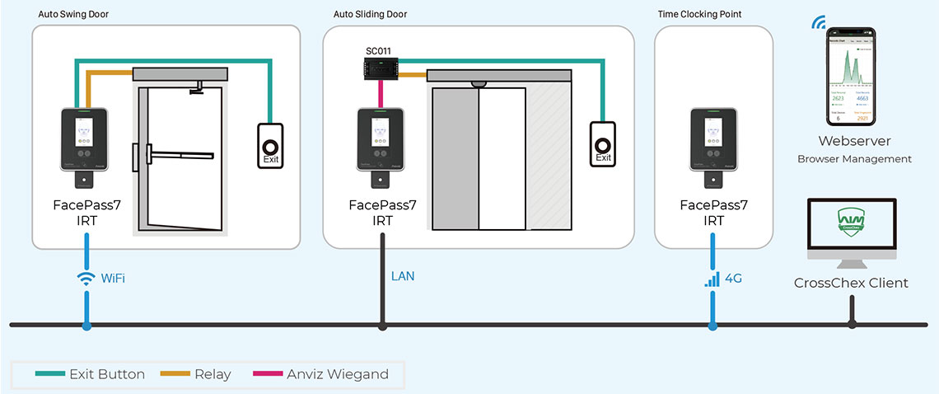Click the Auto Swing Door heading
(x=72, y=15)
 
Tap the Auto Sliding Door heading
(x=370, y=15)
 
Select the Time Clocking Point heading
(x=699, y=15)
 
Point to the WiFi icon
(x=86, y=279)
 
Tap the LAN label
(x=403, y=276)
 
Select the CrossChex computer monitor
(x=852, y=232)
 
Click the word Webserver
(x=854, y=142)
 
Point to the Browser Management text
(x=854, y=159)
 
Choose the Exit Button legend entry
(x=91, y=374)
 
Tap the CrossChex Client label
(x=851, y=283)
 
